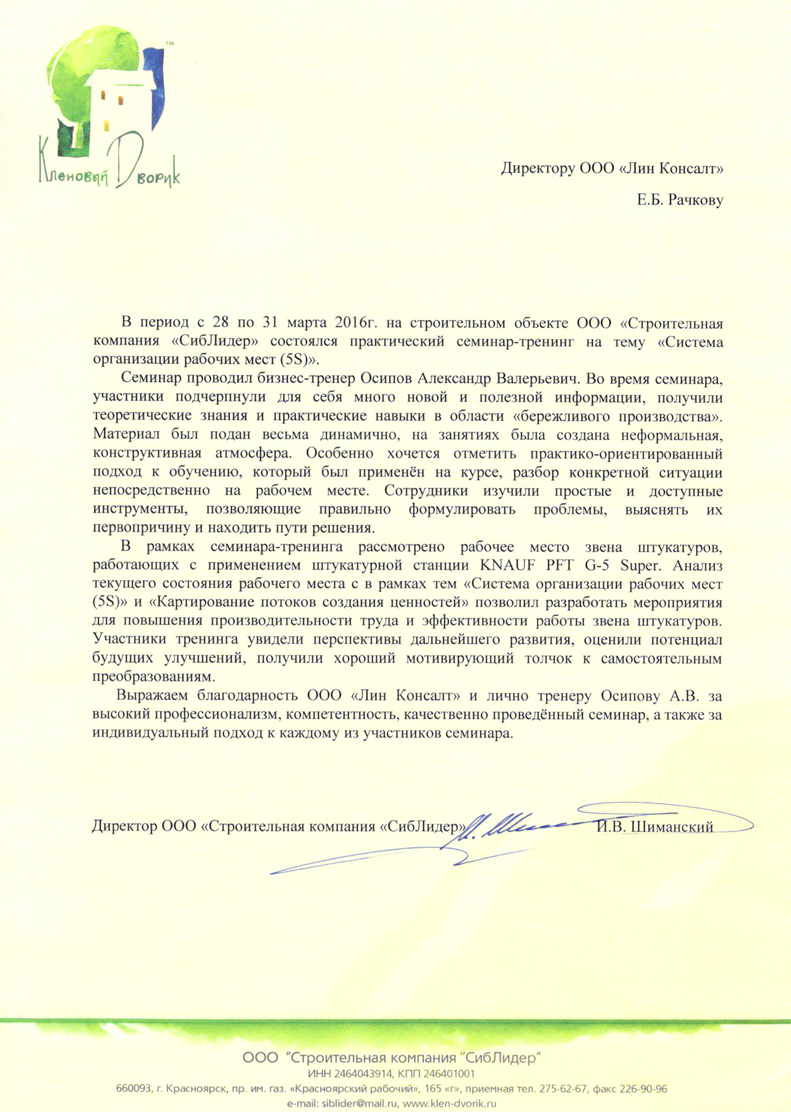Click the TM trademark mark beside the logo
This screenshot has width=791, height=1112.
coord(170,43)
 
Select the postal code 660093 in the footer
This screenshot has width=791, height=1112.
coord(133,1089)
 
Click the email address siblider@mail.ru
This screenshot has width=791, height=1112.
coord(358,1103)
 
